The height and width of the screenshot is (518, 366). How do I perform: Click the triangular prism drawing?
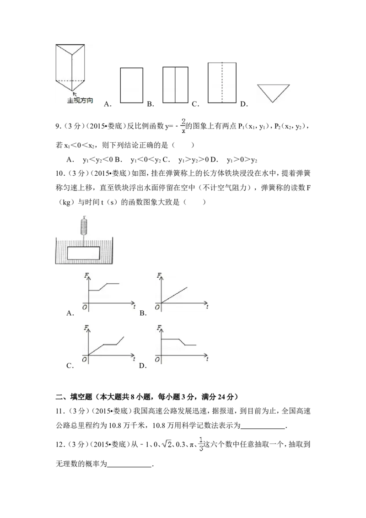[70, 67]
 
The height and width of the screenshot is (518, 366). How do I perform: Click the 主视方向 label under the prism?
[80, 100]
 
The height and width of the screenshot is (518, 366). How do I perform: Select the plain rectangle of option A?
[131, 85]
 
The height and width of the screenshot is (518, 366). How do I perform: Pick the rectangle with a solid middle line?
[175, 85]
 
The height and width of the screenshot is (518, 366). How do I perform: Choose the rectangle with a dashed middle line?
[222, 82]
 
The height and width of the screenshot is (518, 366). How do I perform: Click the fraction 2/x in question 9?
[183, 126]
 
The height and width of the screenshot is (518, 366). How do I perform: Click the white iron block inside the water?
[83, 253]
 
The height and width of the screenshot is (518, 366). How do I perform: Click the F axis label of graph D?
[159, 328]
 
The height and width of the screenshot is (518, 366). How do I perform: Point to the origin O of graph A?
[85, 307]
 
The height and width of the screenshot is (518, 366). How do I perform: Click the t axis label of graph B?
[207, 307]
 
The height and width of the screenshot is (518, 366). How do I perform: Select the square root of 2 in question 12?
[167, 444]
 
